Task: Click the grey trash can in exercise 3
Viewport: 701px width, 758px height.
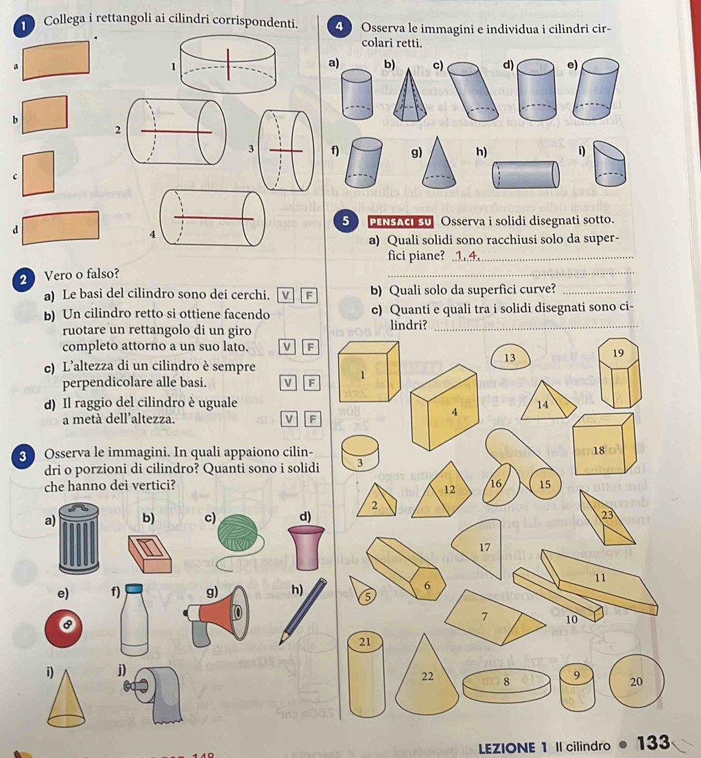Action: [x=79, y=537]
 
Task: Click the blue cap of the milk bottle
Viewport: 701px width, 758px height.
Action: [x=134, y=588]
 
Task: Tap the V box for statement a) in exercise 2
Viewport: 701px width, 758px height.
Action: [x=285, y=295]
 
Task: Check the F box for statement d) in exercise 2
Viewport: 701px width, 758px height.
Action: [x=313, y=419]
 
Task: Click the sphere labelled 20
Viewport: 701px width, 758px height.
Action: [x=634, y=681]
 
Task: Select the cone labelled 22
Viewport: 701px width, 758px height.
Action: [x=427, y=676]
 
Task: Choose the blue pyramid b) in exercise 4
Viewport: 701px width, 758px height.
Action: [x=409, y=96]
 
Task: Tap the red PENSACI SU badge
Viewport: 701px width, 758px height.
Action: [x=400, y=222]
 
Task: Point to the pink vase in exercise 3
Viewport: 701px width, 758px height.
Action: [x=306, y=548]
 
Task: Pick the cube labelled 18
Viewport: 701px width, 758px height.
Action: [x=603, y=444]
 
